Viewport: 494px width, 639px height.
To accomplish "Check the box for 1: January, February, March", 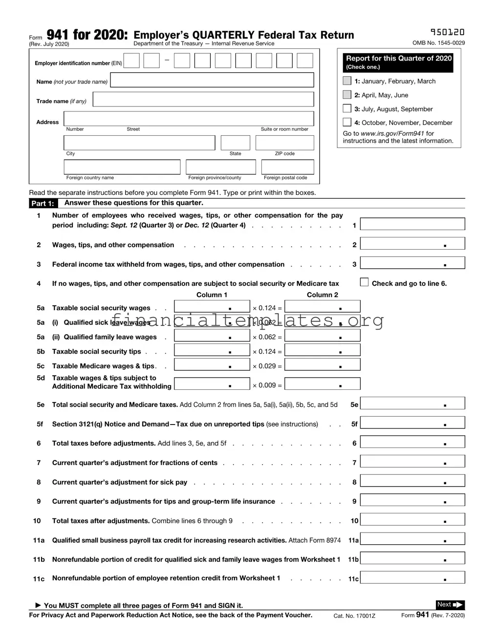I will point(347,81).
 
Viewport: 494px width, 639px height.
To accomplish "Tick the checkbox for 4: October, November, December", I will point(347,122).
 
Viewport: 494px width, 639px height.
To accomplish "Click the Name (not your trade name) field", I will point(212,80).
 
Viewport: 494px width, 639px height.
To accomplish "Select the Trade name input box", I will point(203,99).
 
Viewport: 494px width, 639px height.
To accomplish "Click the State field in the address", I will point(235,143).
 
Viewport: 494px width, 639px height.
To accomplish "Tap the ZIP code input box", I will point(284,143).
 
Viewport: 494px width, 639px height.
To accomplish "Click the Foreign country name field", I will point(122,167).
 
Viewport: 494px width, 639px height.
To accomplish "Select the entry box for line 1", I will point(412,224).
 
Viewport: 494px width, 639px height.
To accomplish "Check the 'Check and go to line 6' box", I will point(364,282).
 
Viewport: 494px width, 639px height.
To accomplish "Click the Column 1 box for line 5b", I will point(212,350).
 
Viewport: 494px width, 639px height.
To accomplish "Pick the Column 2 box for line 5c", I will point(322,365).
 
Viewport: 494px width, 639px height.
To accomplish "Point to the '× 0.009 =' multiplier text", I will point(267,385).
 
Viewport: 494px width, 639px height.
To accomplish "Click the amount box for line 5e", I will point(412,403).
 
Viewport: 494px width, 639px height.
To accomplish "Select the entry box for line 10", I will point(412,519).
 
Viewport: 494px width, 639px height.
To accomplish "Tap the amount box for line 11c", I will point(412,577).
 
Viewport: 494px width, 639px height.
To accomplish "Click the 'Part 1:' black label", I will point(43,203).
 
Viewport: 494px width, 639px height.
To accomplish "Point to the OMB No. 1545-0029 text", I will point(438,43).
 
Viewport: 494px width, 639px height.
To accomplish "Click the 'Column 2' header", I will point(322,295).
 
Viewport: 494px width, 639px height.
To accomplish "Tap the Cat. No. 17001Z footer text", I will point(354,616).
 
